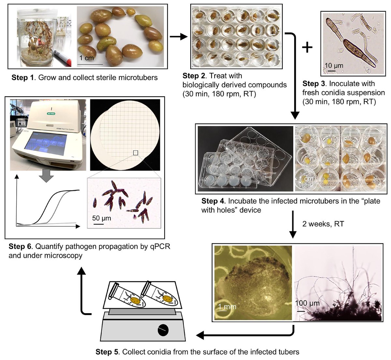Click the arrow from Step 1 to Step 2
click(179, 36)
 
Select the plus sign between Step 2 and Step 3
click(307, 48)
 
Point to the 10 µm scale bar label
click(334, 66)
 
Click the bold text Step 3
click(314, 84)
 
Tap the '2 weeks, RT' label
click(323, 224)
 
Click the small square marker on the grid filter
click(136, 153)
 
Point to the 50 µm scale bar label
click(101, 218)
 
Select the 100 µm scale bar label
click(307, 303)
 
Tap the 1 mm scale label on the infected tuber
click(227, 307)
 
